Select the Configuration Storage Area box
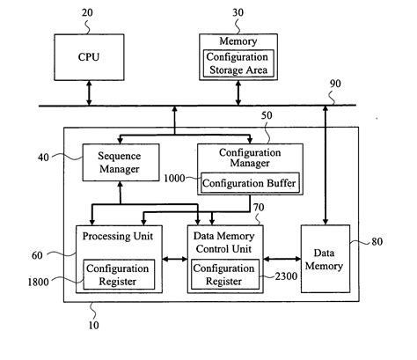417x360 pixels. coord(238,63)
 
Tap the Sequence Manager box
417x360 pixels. coord(119,162)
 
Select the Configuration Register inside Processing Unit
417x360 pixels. coord(120,273)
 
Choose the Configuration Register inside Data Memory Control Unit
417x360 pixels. coord(224,273)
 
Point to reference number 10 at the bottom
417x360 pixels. coord(94,325)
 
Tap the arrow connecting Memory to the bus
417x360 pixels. coord(238,93)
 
